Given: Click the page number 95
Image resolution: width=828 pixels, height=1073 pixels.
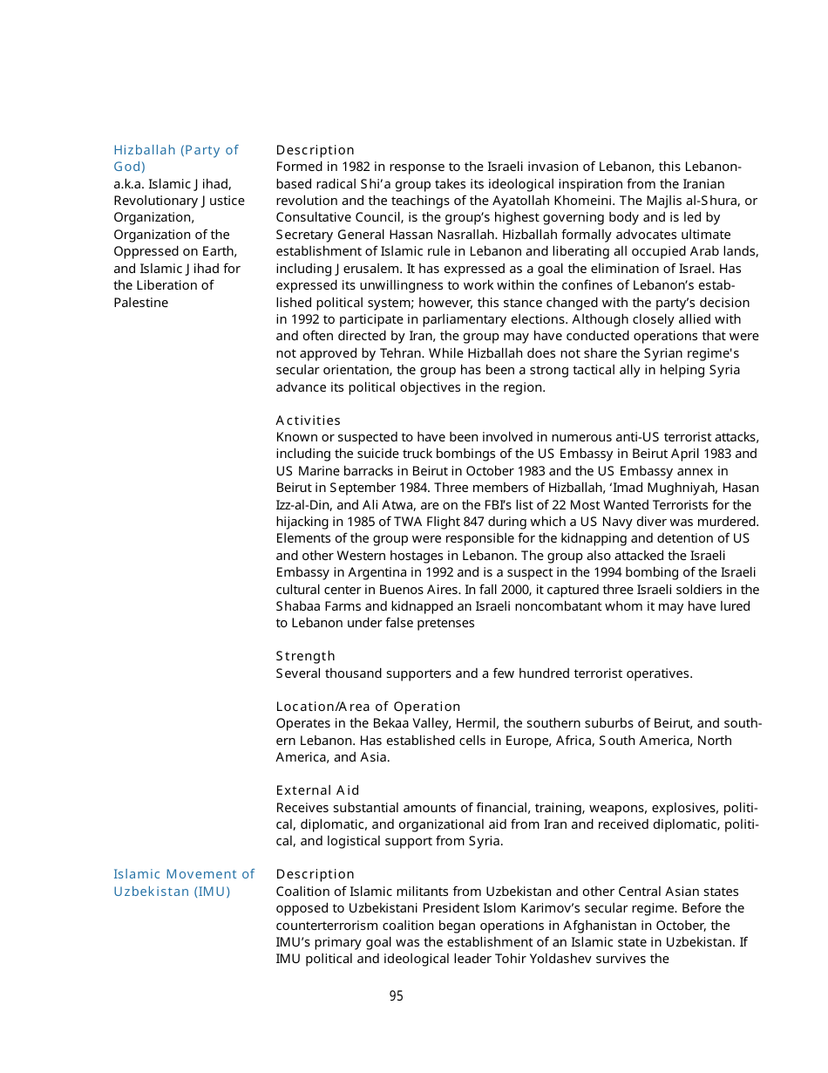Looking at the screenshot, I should (x=396, y=996).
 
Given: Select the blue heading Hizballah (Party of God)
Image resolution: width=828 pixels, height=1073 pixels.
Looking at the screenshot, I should (x=175, y=158).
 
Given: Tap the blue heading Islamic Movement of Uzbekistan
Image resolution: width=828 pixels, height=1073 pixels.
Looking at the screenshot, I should (x=183, y=883).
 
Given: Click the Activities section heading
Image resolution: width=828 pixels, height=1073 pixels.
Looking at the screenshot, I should (x=308, y=420).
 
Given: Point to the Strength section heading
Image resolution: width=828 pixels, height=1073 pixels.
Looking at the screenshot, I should (x=305, y=656).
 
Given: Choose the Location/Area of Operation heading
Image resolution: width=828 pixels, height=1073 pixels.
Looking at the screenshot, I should (x=368, y=707).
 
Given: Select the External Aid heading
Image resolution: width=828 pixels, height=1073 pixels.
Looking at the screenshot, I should (x=317, y=790).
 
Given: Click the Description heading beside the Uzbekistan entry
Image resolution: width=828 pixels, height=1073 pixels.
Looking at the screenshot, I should (x=315, y=874).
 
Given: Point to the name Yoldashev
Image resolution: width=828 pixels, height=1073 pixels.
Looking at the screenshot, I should (x=552, y=959).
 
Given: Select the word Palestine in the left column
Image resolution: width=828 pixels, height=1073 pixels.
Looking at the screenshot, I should (x=140, y=303).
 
